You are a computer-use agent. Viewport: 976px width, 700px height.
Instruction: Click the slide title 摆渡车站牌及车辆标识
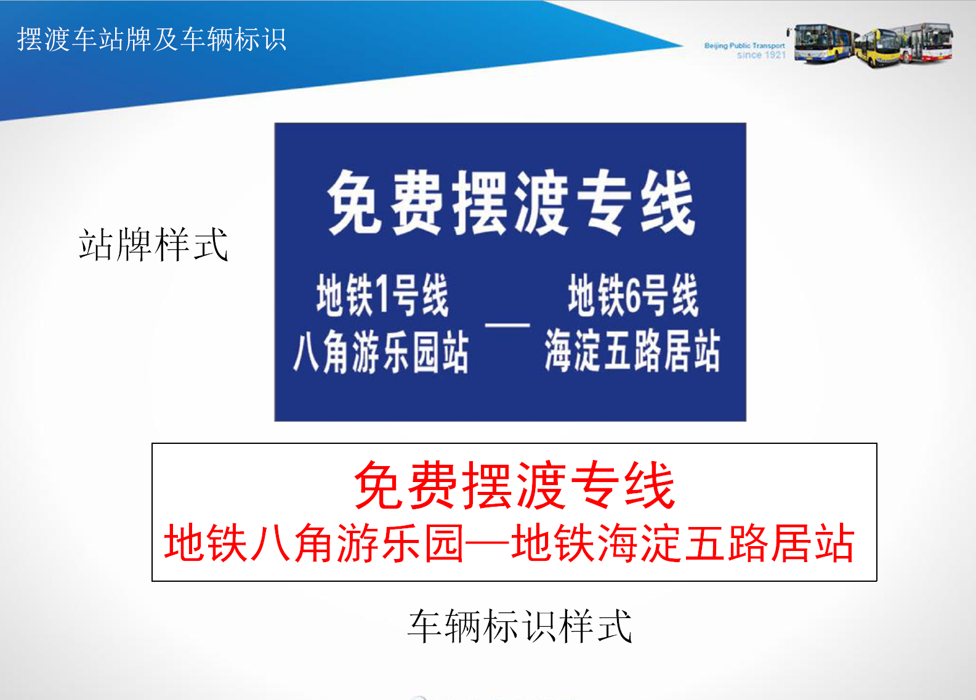(151, 39)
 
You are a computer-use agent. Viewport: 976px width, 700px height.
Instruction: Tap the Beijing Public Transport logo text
(744, 46)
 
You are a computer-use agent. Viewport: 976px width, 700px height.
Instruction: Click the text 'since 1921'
(760, 55)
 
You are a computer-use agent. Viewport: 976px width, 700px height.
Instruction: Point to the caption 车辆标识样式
(519, 626)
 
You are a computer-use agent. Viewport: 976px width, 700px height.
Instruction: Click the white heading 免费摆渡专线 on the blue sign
(511, 203)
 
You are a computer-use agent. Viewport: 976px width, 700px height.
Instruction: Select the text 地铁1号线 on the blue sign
(382, 295)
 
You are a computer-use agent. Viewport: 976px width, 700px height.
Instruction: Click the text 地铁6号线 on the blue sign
(633, 295)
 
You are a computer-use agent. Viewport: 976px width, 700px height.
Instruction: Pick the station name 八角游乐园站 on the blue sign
(381, 351)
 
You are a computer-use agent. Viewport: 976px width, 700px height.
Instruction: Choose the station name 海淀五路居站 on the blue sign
(632, 350)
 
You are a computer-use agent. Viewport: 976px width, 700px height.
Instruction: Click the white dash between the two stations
(507, 325)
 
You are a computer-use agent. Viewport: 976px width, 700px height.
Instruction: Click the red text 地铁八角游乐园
(313, 543)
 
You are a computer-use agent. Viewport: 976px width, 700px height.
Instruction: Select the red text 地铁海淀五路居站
(682, 543)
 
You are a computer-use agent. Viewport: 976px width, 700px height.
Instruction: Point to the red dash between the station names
(488, 543)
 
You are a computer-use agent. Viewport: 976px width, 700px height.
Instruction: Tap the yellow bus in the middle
(877, 47)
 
